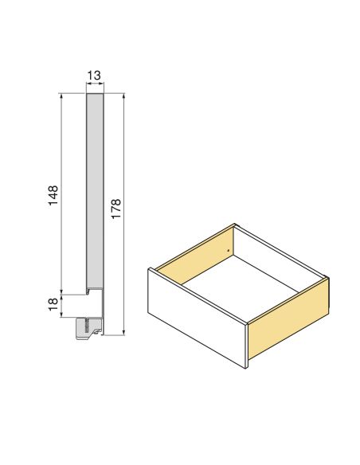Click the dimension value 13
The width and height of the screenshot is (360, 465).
pos(93,75)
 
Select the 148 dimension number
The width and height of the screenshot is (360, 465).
pos(53,196)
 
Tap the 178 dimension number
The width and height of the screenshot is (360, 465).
pos(116,209)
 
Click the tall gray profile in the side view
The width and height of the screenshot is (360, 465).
pos(94,191)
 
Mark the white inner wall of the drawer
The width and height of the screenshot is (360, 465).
pos(279,255)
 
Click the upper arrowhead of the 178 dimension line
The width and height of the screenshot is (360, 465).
pos(124,96)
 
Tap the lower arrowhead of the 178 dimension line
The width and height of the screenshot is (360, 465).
pos(124,333)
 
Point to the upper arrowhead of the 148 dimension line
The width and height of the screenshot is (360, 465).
pos(62,96)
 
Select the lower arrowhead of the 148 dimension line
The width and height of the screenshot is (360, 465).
pos(62,291)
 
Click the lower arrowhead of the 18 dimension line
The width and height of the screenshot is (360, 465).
pos(62,316)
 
